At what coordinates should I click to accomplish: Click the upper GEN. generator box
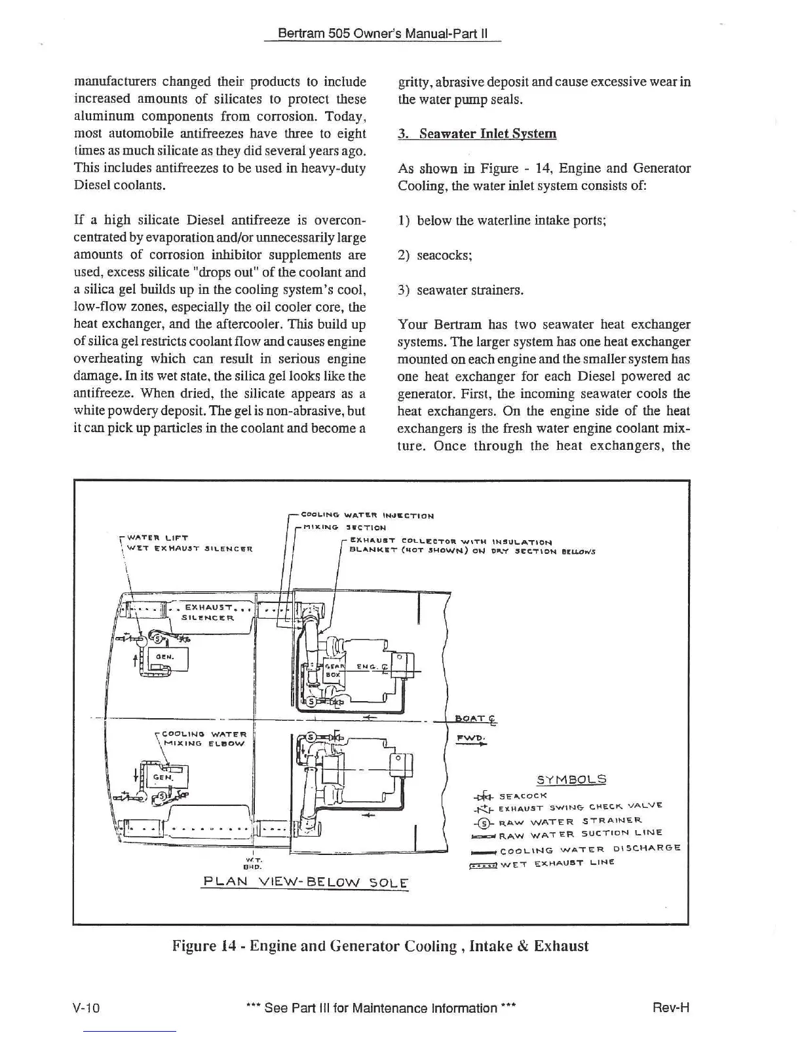pos(168,660)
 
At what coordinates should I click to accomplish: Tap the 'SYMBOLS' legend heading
pos(571,780)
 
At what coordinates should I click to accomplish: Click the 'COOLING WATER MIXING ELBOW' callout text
pos(204,739)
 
